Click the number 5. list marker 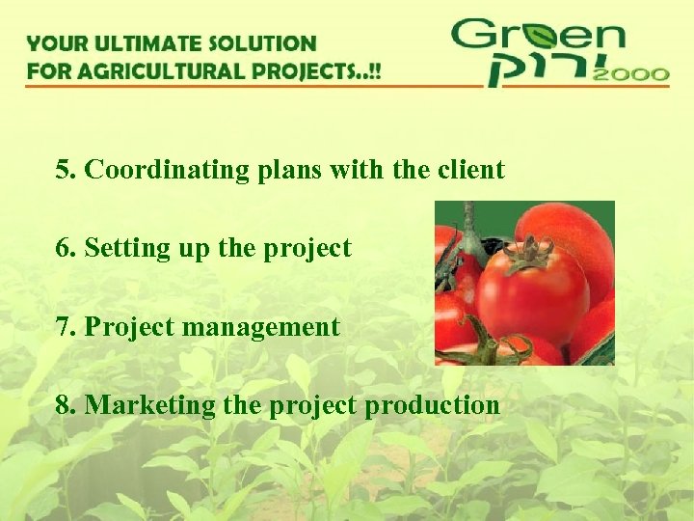[x=66, y=170]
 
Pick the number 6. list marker [x=66, y=248]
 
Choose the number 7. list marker [x=66, y=327]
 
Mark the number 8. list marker [x=66, y=405]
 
